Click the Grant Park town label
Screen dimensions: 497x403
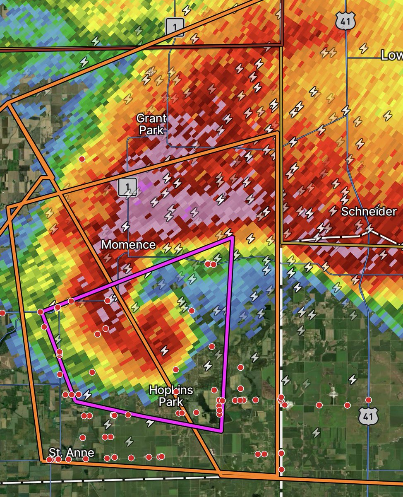(152, 124)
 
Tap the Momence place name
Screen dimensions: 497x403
(128, 244)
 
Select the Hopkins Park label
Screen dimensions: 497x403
(166, 396)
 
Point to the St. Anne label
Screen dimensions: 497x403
(71, 452)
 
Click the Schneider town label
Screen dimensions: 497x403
(369, 211)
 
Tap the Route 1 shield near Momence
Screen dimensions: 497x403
(127, 187)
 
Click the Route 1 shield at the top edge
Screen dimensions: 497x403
(174, 27)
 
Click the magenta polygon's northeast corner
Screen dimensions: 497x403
(233, 238)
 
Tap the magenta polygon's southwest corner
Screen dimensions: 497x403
(75, 400)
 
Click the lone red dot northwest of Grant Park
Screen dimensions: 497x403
(82, 159)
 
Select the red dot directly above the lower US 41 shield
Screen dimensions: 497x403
(368, 400)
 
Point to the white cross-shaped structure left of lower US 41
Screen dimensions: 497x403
(333, 396)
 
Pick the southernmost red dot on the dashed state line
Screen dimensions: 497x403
(281, 469)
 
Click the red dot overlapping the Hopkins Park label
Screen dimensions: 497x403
(176, 391)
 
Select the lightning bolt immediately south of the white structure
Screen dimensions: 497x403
(317, 432)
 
